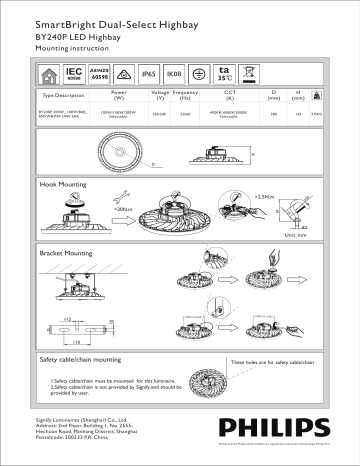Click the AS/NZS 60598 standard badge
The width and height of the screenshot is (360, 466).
pos(99,74)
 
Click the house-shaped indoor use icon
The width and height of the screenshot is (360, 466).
pos(48,74)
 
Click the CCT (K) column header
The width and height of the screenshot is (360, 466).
pos(228,96)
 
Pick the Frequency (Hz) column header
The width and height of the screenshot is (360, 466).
pos(185,96)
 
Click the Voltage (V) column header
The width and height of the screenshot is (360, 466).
pos(160,96)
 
